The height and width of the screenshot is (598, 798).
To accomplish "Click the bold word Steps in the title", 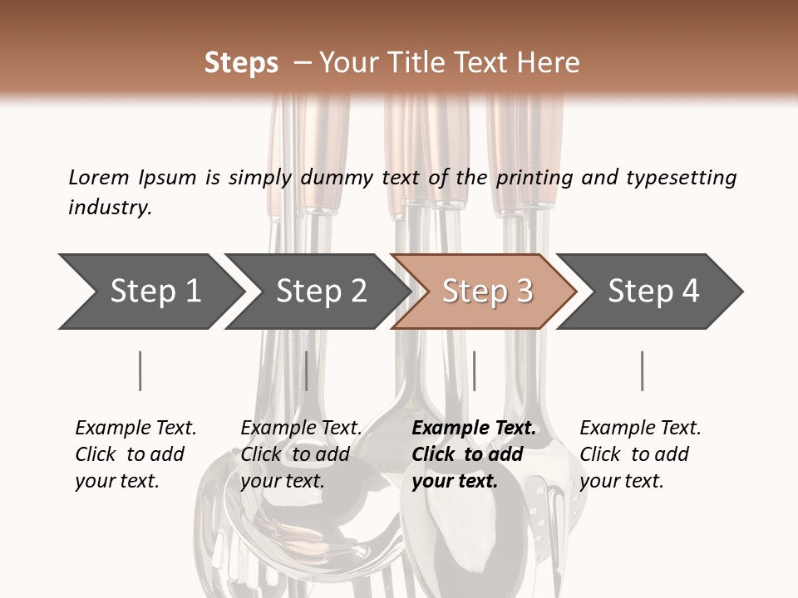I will pos(241,63).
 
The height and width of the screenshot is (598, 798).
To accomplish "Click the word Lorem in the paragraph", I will pos(98,178).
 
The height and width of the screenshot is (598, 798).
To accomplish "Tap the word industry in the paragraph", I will pos(109,207).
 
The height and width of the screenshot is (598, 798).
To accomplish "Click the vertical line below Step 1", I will pos(140,370).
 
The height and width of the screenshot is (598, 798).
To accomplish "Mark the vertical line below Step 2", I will pos(307,370).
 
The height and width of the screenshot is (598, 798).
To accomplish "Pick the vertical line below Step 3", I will pos(474,370).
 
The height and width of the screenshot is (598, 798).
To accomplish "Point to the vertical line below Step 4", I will pos(643,370).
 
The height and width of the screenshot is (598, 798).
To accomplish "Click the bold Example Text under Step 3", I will pos(474,429).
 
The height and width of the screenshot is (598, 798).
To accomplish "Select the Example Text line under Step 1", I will pos(135,429).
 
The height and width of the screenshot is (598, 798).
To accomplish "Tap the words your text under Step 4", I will pos(621,481).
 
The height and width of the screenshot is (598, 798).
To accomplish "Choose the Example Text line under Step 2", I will pos(301,429).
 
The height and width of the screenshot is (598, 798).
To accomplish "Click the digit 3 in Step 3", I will pos(524,292).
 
